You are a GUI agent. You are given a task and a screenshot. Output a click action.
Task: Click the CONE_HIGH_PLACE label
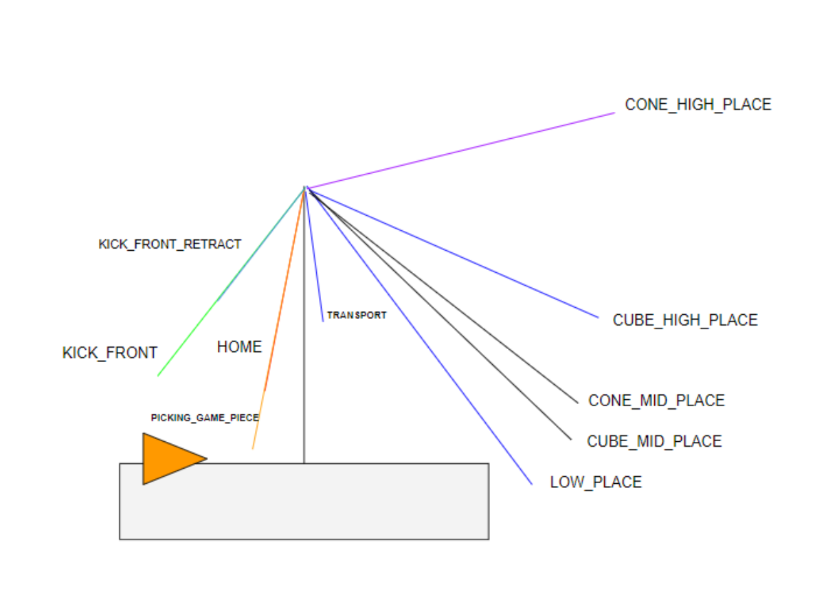(x=697, y=105)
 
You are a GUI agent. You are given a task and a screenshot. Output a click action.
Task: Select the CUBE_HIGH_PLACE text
(x=685, y=320)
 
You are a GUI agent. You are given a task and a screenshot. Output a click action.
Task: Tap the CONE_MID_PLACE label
(x=656, y=401)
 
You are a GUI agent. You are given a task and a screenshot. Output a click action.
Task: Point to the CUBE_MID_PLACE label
(x=654, y=441)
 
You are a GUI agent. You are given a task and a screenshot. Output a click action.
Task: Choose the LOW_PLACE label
(x=596, y=482)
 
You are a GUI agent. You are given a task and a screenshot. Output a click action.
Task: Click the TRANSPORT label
(x=357, y=315)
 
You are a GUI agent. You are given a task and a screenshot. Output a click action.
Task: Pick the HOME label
(x=239, y=348)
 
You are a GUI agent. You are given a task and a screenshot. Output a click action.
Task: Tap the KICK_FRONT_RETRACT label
(x=170, y=245)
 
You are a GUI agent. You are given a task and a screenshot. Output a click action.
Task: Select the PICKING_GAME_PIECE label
(x=205, y=418)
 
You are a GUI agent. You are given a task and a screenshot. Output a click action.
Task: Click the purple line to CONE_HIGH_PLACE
(x=460, y=150)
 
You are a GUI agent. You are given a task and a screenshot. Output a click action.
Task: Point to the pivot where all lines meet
(x=305, y=188)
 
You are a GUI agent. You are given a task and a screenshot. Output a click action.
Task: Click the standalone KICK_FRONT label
(x=110, y=353)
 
